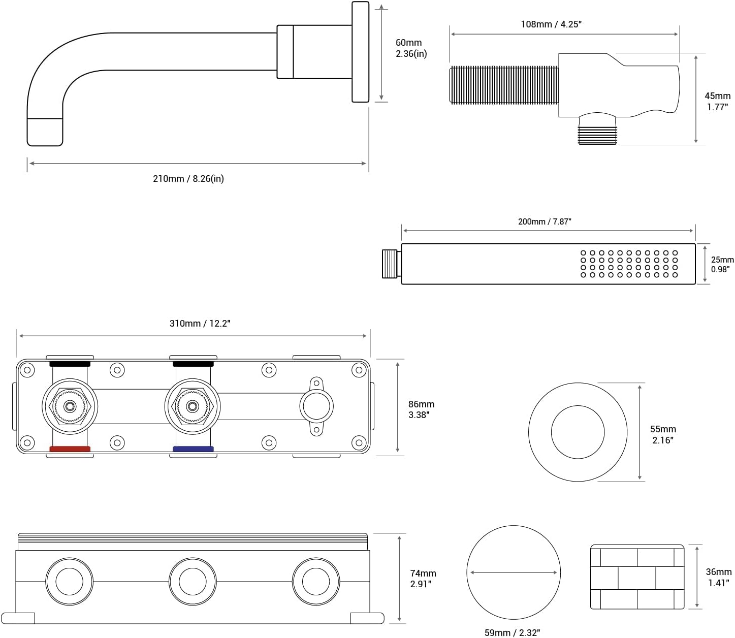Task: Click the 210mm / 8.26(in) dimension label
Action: click(x=188, y=179)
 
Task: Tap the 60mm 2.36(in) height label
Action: click(x=411, y=48)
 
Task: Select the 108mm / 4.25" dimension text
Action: click(x=551, y=24)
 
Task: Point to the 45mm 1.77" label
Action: click(x=717, y=101)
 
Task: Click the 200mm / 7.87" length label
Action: click(x=545, y=221)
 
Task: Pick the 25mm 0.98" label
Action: click(x=722, y=264)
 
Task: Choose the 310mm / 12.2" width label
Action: click(x=200, y=324)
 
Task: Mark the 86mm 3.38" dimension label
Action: click(x=421, y=409)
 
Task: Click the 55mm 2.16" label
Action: click(x=663, y=435)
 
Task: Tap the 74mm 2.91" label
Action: click(x=423, y=579)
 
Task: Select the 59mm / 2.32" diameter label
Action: click(x=512, y=632)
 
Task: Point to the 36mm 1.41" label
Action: click(x=718, y=578)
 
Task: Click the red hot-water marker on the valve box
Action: click(x=70, y=449)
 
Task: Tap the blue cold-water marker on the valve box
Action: click(x=193, y=449)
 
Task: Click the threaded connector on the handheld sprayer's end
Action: click(x=391, y=263)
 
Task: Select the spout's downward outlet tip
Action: click(x=45, y=132)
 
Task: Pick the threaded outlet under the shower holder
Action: click(x=597, y=132)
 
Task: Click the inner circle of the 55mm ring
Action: click(x=578, y=432)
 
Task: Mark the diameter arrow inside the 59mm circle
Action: click(x=514, y=572)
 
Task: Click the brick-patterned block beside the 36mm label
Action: click(x=637, y=577)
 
